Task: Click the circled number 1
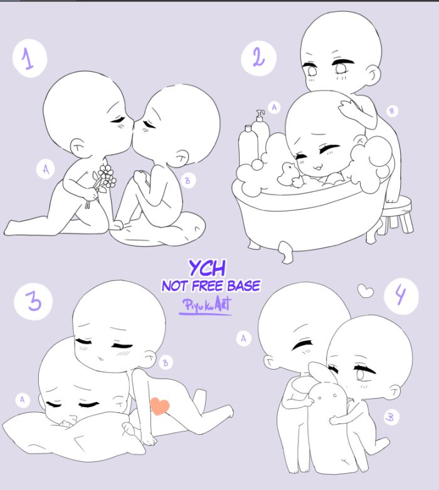[29, 58]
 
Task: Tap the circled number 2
[259, 58]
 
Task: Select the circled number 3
[33, 301]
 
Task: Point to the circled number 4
[401, 296]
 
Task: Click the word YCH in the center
[207, 268]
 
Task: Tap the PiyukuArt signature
[206, 306]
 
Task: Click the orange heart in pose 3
[160, 406]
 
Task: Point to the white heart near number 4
[366, 290]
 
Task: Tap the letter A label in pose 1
[46, 169]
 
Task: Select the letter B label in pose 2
[392, 111]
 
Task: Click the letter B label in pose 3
[166, 363]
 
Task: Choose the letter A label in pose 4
[243, 338]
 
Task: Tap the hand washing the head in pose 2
[349, 109]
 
